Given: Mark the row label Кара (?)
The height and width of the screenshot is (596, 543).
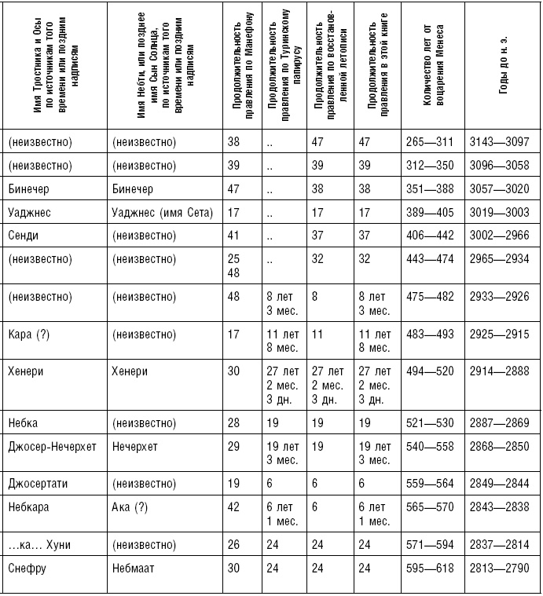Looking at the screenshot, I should [x=28, y=334].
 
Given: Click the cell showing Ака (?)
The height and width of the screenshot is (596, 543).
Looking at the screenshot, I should [x=130, y=507].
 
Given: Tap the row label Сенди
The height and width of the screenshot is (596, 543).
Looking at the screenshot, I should [x=24, y=235].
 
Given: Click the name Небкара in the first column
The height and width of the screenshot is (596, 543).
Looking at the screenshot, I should [x=29, y=507].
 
